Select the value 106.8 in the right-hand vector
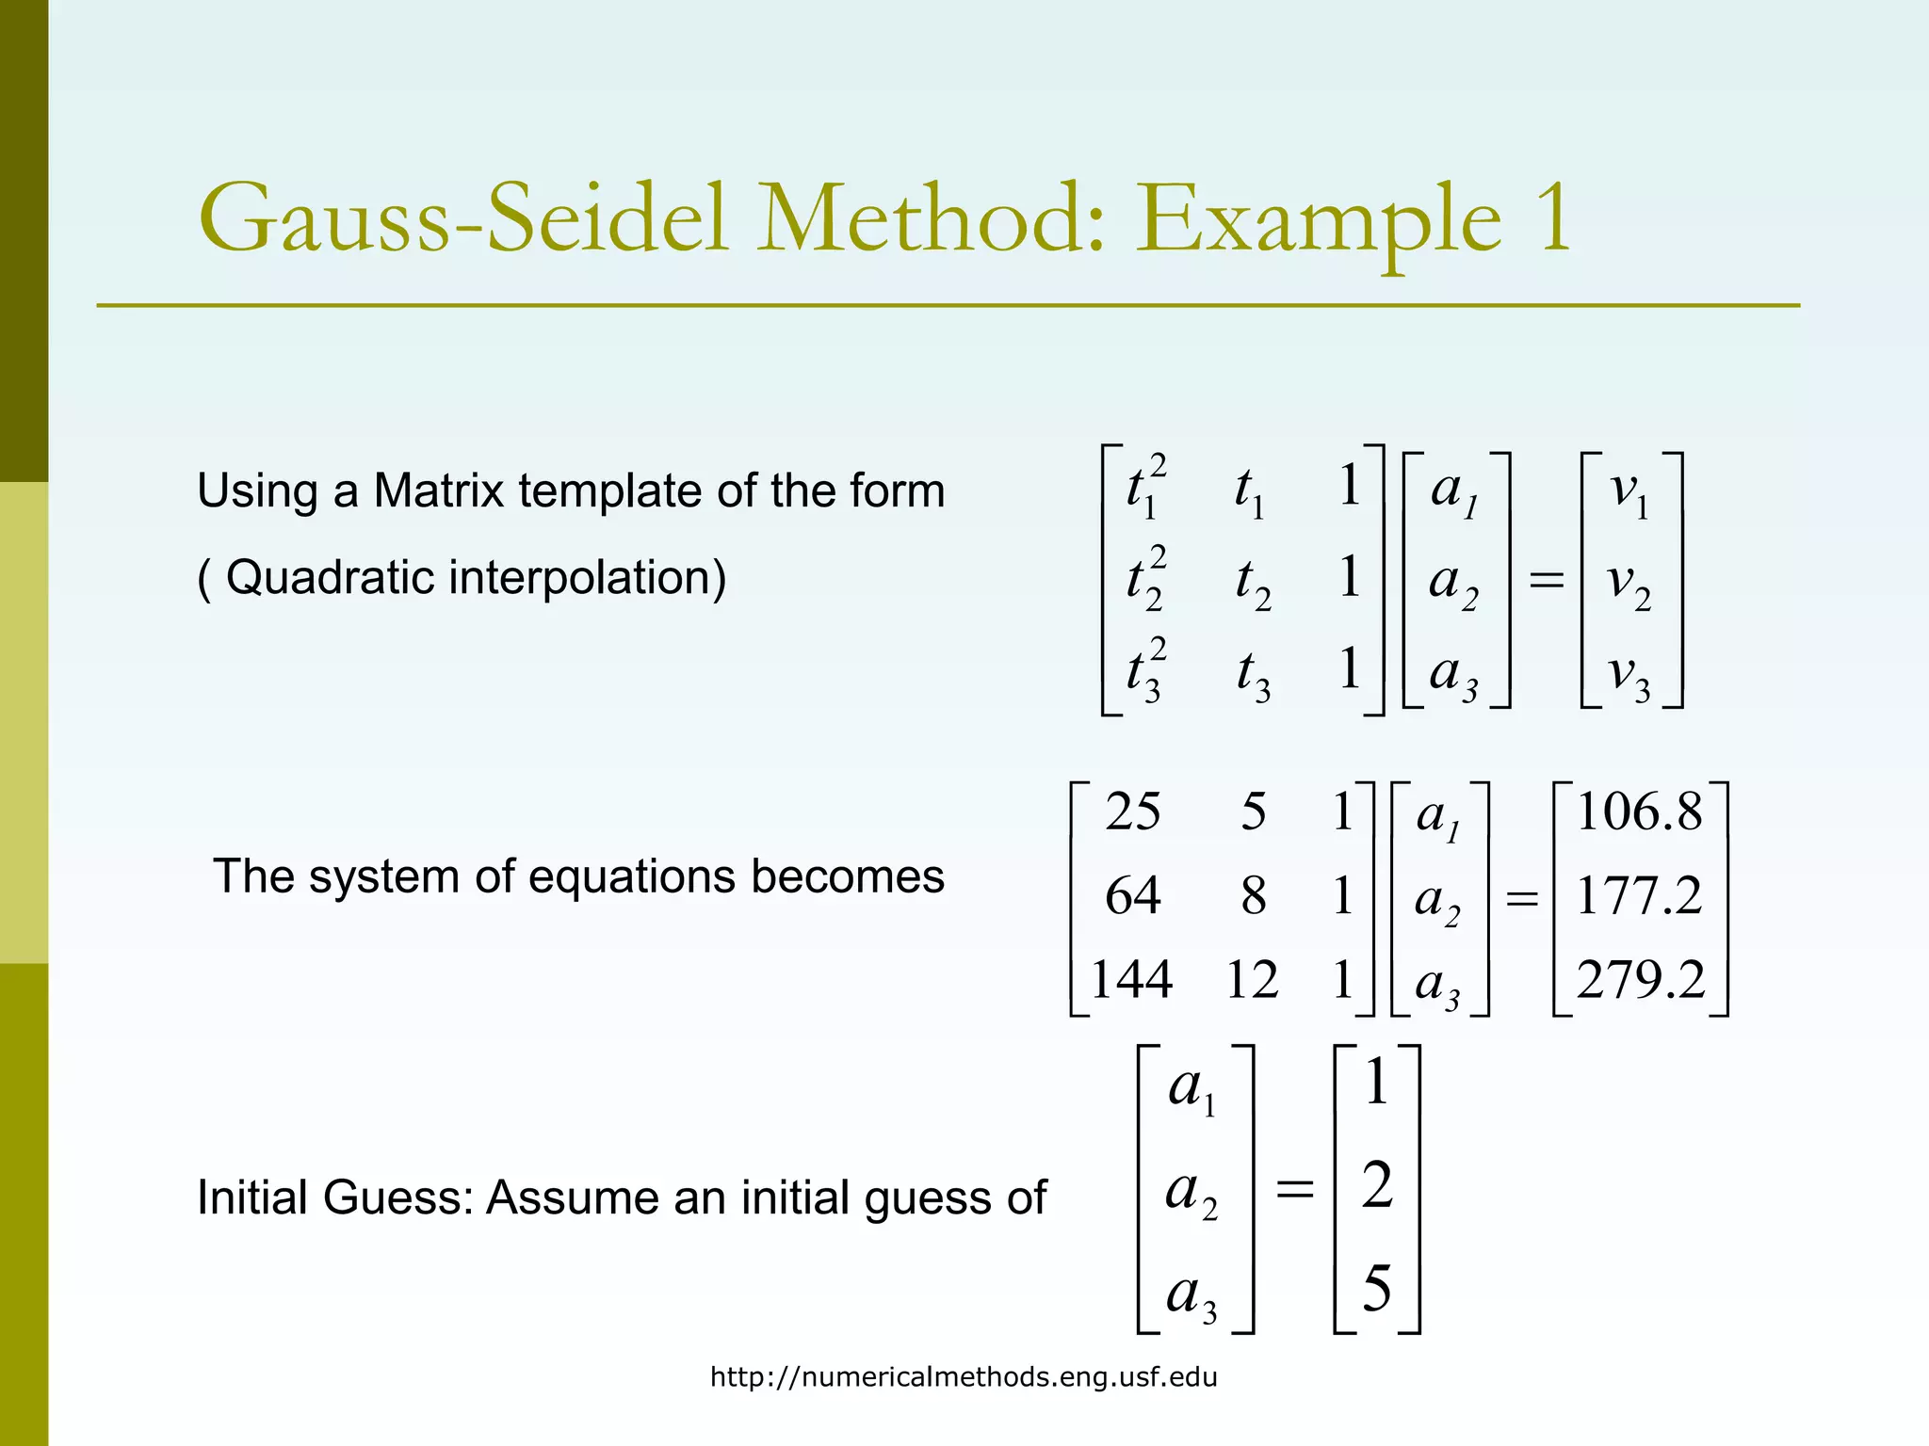point(1640,811)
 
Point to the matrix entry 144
point(1131,979)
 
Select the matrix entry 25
point(1133,811)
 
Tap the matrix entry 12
point(1252,979)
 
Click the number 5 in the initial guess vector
point(1377,1288)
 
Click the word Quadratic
point(334,577)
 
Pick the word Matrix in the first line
point(438,490)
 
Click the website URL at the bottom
point(964,1377)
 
